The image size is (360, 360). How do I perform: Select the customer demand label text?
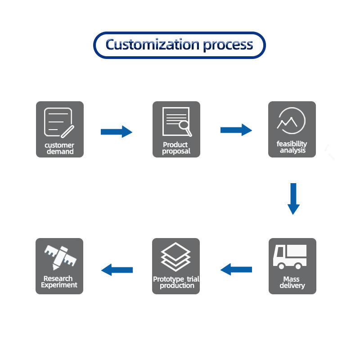(x=59, y=148)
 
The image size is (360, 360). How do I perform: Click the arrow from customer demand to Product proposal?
(x=116, y=131)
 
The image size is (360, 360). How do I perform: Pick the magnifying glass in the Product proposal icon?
(x=185, y=129)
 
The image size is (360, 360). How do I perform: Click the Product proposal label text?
(x=176, y=148)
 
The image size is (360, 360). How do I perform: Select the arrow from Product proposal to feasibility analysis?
(x=236, y=130)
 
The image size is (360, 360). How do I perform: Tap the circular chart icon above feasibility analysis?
(x=292, y=121)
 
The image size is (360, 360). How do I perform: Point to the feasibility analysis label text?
(x=292, y=147)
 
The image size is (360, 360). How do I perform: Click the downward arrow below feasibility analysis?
(x=293, y=198)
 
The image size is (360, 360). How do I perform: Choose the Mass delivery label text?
(x=292, y=282)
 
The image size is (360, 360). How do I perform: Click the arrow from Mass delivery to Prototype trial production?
(x=236, y=270)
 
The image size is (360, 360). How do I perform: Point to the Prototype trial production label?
(x=176, y=282)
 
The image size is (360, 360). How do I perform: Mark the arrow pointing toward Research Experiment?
(x=117, y=270)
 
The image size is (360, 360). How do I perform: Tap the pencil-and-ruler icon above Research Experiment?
(x=59, y=256)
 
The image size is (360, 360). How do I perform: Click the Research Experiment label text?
(x=59, y=282)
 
